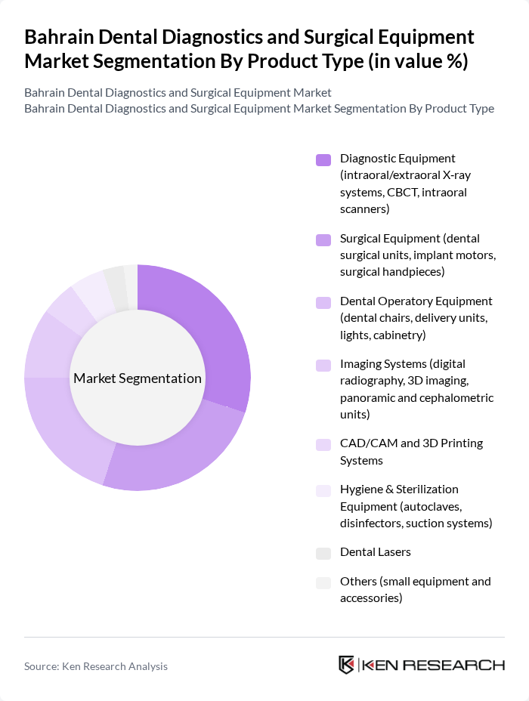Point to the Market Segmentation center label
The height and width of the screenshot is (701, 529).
(x=138, y=378)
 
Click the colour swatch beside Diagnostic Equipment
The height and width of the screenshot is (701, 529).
(x=323, y=159)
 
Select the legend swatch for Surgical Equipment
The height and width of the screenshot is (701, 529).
(x=323, y=239)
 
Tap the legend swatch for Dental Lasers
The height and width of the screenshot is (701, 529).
(x=323, y=553)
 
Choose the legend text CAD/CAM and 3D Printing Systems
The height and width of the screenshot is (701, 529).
(x=411, y=452)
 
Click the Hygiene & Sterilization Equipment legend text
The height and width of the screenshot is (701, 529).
(x=416, y=506)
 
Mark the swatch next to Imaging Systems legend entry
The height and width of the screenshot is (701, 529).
(x=323, y=365)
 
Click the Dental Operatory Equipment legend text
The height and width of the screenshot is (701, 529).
(x=416, y=317)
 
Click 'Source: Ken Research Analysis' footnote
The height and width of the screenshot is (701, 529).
(x=96, y=666)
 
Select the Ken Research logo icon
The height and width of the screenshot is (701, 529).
(x=347, y=665)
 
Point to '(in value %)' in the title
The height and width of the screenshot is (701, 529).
(x=419, y=61)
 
